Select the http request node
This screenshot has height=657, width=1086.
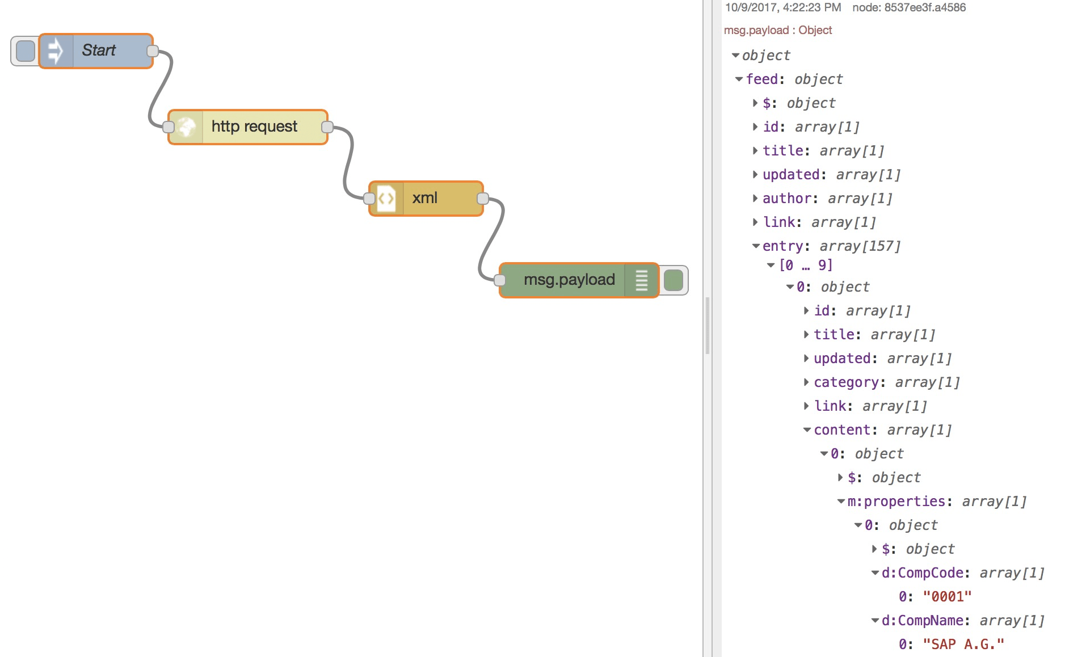[254, 127]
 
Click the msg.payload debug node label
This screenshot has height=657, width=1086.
[569, 280]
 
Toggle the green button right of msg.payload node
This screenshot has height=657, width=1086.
[674, 280]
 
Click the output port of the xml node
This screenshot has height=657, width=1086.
[483, 199]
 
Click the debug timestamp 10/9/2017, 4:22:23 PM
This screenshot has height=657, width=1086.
[782, 7]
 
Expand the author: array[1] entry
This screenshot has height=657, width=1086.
[755, 199]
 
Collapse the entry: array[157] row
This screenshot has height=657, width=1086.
[756, 246]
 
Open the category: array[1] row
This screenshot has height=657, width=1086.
[806, 382]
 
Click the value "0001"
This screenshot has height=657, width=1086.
[947, 597]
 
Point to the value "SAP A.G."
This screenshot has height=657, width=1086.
[963, 645]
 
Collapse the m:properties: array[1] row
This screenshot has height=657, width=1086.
[841, 502]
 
